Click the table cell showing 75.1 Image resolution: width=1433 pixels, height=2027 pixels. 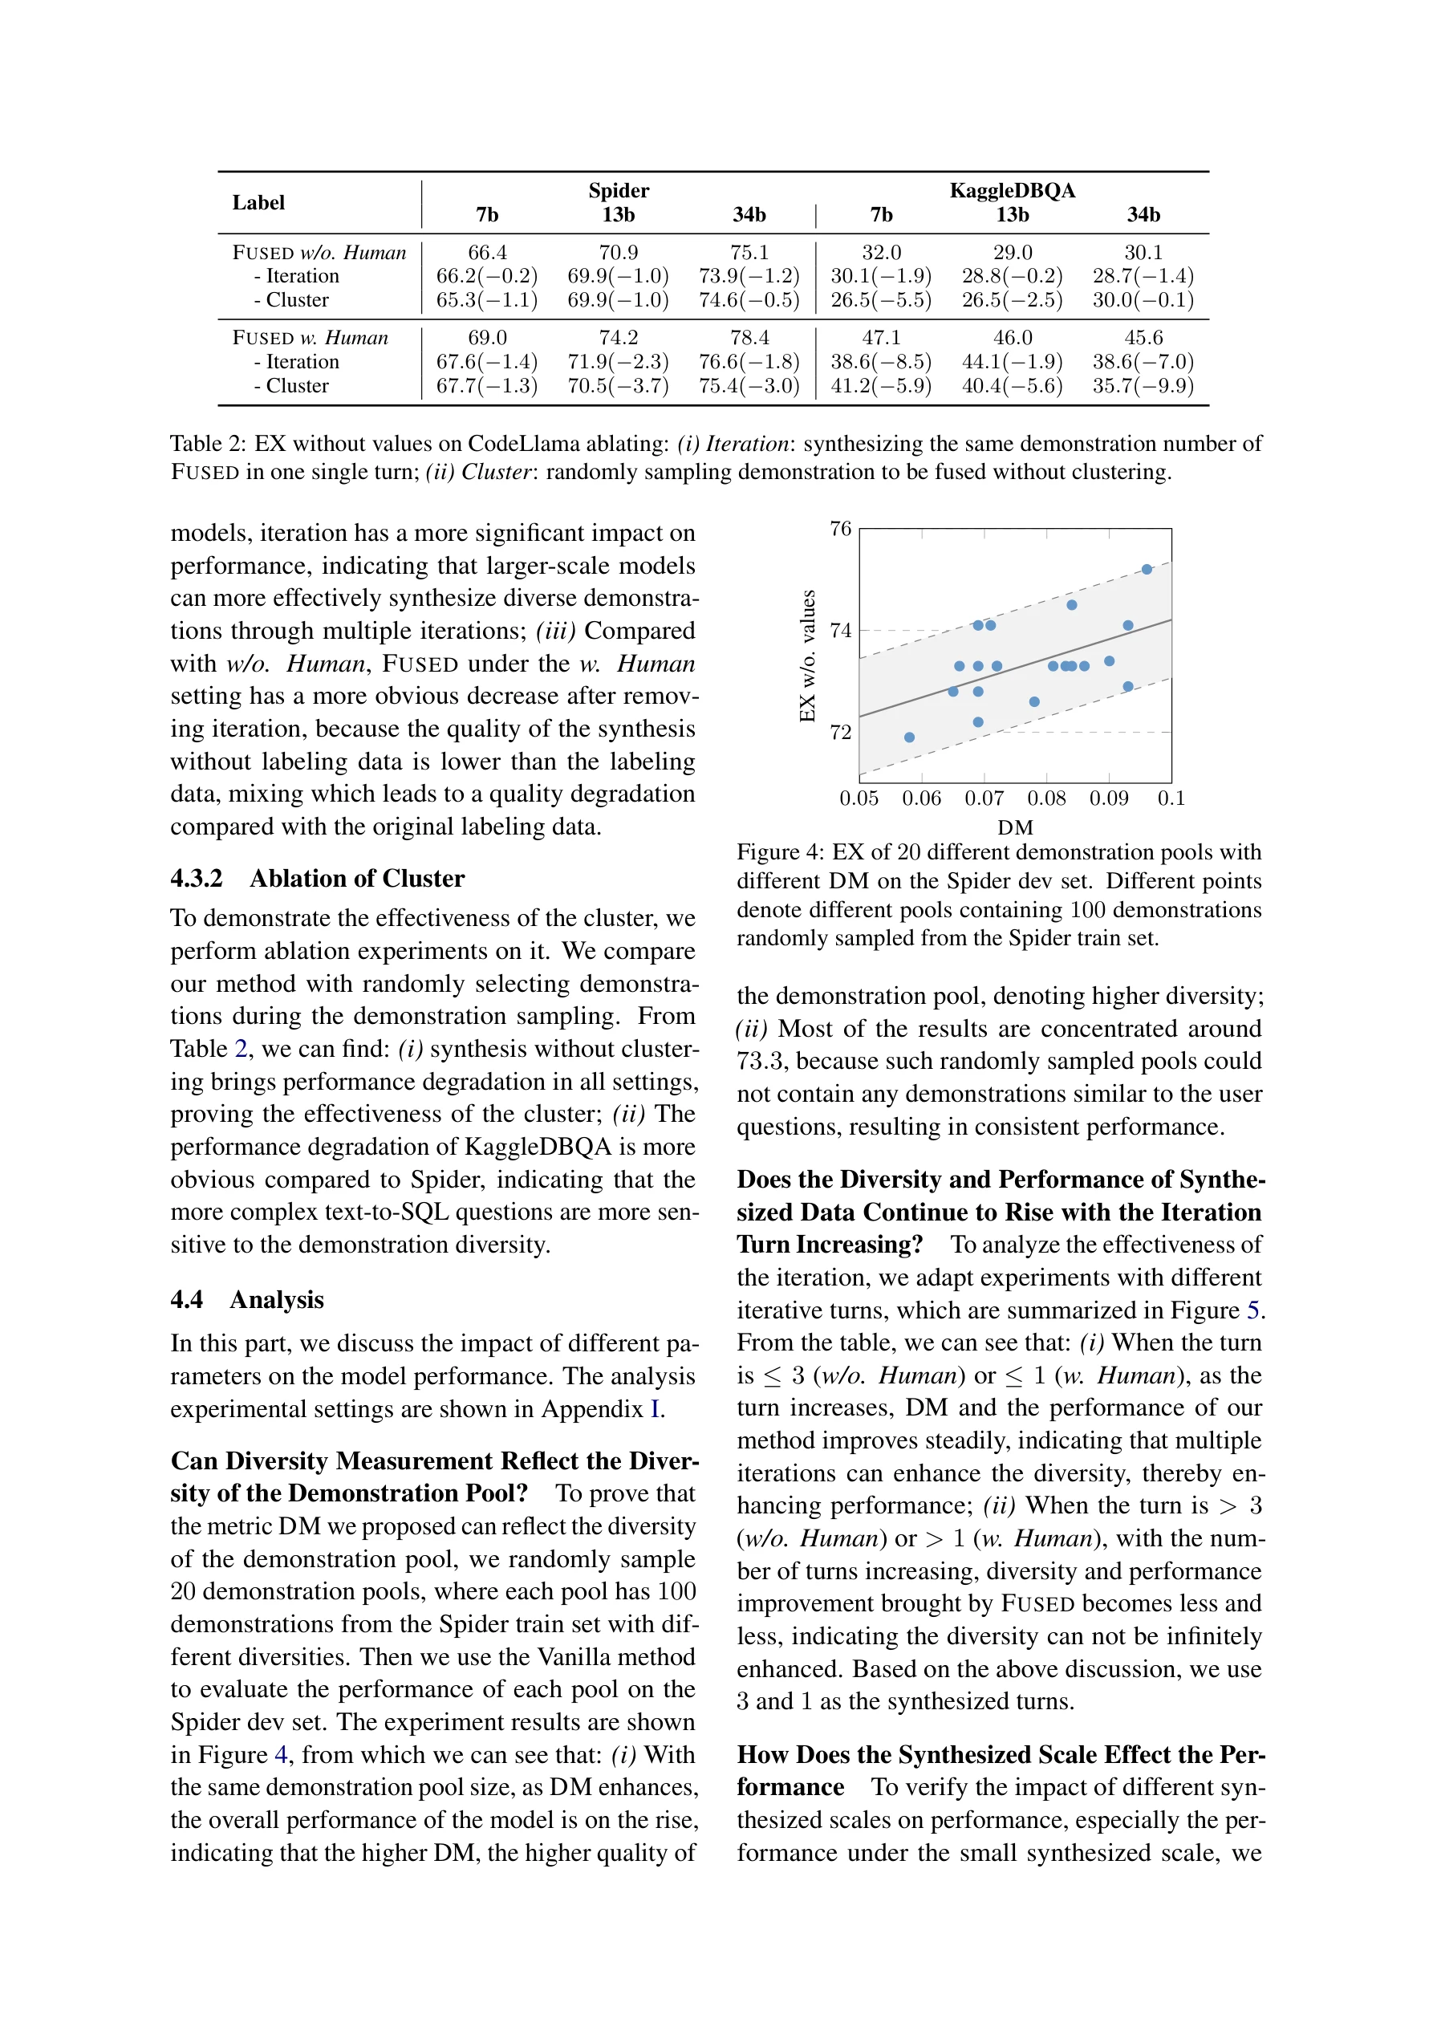[x=749, y=253]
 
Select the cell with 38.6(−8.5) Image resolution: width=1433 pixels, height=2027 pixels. [x=880, y=362]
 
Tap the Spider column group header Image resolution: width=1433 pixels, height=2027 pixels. [x=618, y=191]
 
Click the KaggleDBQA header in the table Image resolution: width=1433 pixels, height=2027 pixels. [x=1012, y=191]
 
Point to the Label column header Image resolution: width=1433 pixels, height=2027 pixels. [x=258, y=203]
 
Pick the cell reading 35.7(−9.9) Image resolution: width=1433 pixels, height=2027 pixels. [x=1143, y=386]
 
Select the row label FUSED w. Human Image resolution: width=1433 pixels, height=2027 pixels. [x=310, y=338]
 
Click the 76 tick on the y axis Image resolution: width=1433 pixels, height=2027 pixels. [x=840, y=529]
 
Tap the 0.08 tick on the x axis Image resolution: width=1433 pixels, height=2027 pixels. [x=1046, y=799]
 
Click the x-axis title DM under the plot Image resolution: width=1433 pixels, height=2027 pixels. [x=1014, y=828]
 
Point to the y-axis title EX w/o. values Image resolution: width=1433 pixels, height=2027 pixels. [x=807, y=655]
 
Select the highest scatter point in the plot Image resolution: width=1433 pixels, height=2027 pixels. [x=1146, y=570]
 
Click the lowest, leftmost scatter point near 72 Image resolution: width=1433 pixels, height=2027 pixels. [x=909, y=737]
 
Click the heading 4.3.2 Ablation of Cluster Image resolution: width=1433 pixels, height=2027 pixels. [x=317, y=879]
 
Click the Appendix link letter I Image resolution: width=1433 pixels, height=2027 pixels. [x=654, y=1409]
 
